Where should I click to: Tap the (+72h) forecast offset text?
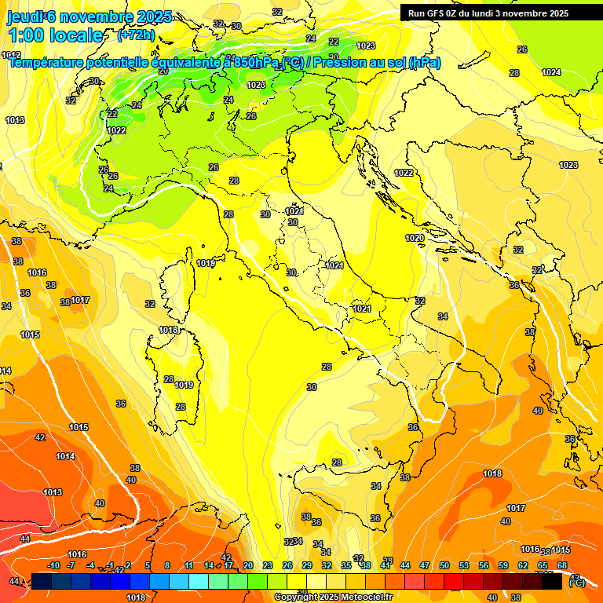pyautogui.click(x=136, y=35)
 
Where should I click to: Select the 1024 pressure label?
pyautogui.click(x=551, y=72)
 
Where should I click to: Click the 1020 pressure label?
pyautogui.click(x=415, y=238)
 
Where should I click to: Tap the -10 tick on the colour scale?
pyautogui.click(x=53, y=565)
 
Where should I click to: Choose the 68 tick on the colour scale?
pyautogui.click(x=562, y=565)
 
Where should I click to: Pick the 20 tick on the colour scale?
pyautogui.click(x=247, y=565)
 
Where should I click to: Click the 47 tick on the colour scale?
pyautogui.click(x=424, y=565)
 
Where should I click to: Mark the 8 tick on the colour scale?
pyautogui.click(x=167, y=565)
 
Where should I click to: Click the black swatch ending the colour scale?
pyautogui.click(x=551, y=581)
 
